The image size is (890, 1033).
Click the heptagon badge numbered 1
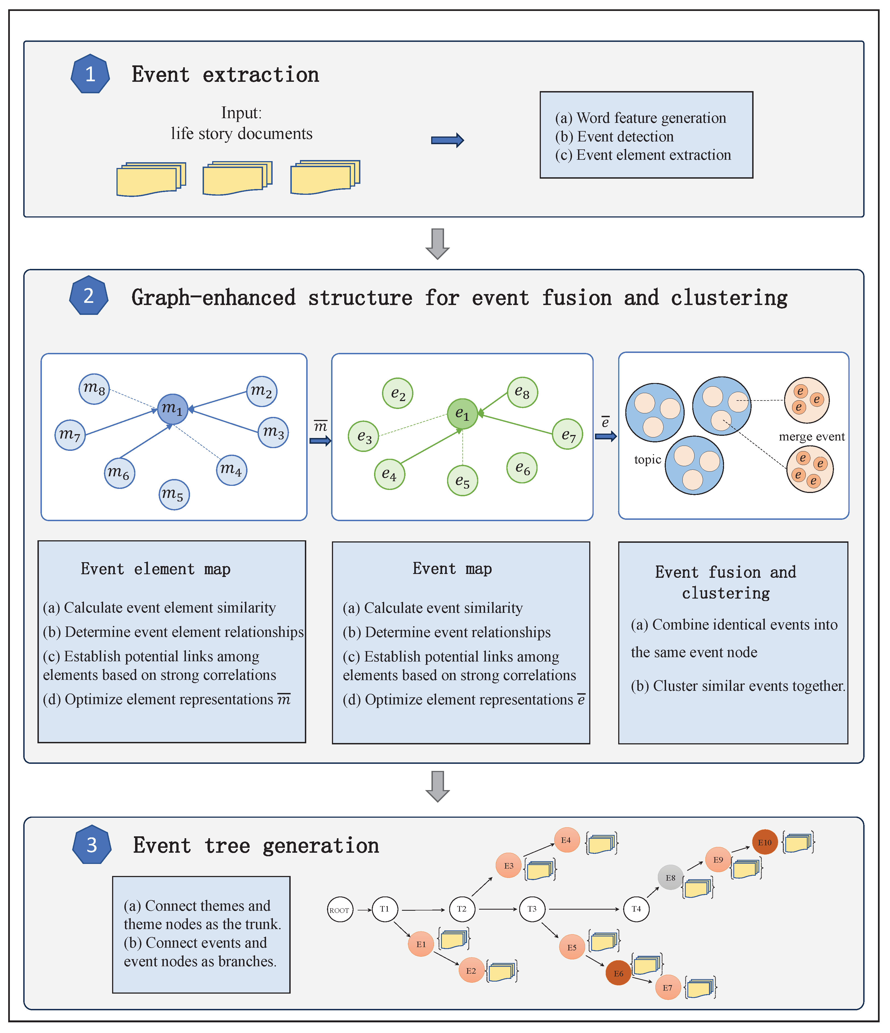coord(90,74)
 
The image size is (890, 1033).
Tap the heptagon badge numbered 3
coord(92,845)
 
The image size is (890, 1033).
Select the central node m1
coord(173,409)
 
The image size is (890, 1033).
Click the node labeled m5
coord(174,495)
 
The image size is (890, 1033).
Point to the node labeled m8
coord(94,389)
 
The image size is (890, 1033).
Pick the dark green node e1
coord(462,414)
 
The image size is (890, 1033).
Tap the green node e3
coord(364,436)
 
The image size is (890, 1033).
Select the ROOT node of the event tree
coord(340,910)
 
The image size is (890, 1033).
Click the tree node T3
coord(532,909)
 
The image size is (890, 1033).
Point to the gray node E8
coord(670,877)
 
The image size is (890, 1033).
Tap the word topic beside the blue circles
coord(647,460)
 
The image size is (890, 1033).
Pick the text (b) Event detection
coord(614,137)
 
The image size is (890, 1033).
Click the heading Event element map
coord(156,569)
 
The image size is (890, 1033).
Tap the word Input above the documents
coord(241,113)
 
